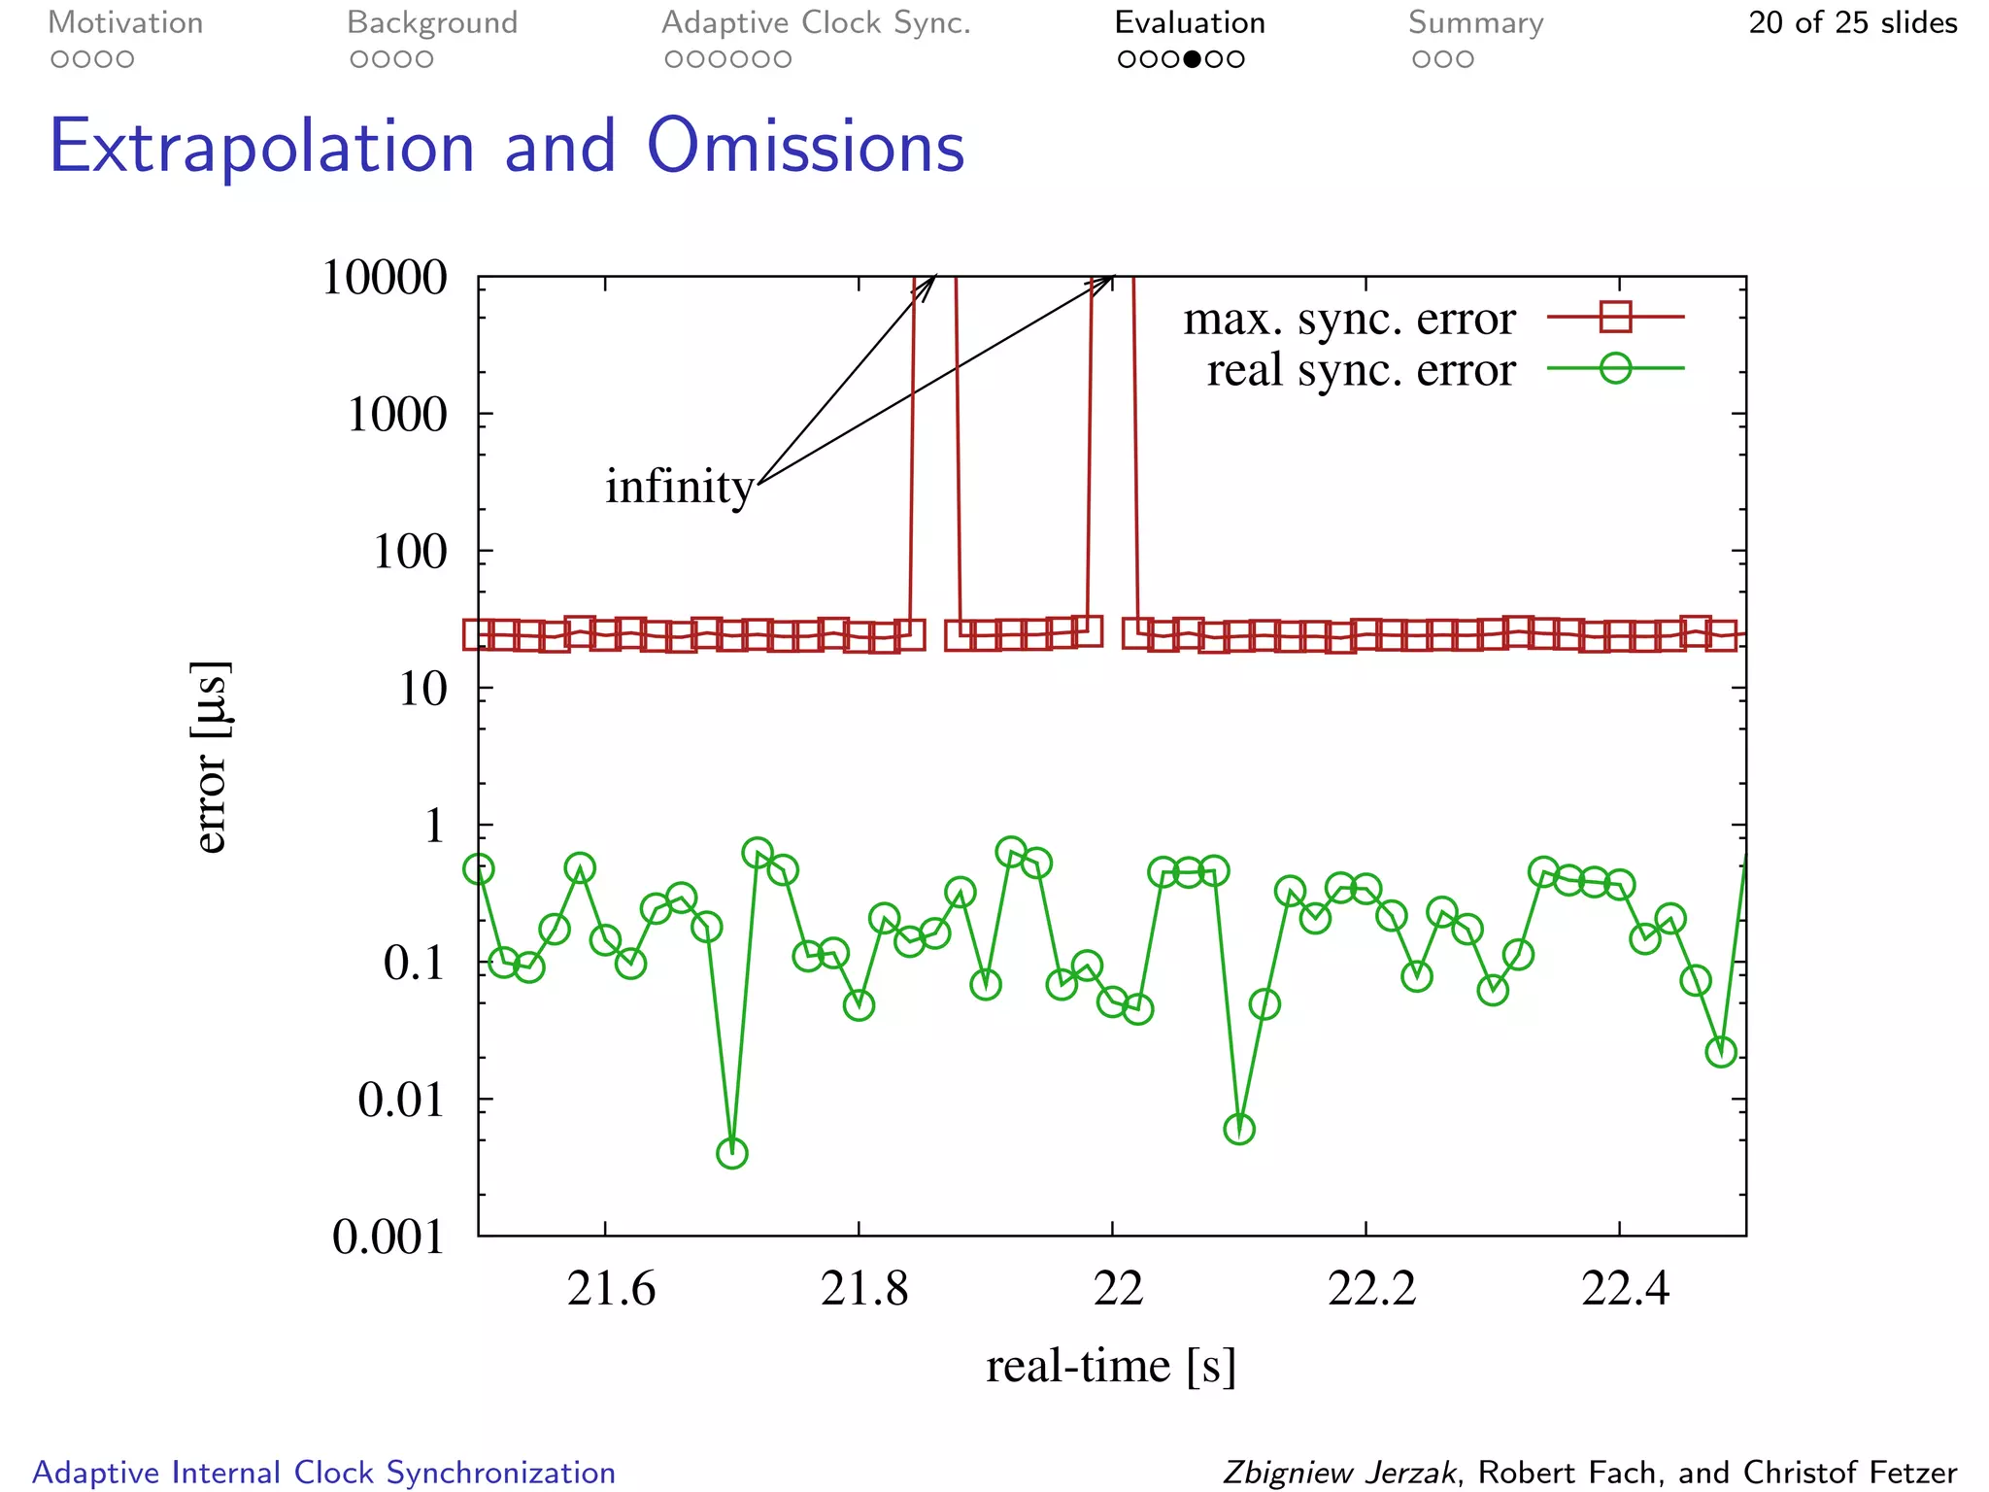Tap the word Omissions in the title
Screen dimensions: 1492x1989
tap(805, 148)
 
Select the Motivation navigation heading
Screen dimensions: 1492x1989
tap(125, 22)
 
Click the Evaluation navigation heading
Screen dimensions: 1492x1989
tap(1190, 22)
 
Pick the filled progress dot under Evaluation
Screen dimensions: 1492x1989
tap(1192, 59)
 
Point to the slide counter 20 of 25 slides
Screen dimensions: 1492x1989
tap(1852, 22)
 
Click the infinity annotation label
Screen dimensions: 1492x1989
tap(679, 486)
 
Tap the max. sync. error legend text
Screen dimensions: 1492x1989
tap(1348, 319)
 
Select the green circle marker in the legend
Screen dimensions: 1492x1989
tap(1615, 368)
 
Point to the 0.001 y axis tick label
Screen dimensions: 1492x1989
tap(388, 1237)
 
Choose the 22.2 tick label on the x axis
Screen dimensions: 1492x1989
tap(1371, 1289)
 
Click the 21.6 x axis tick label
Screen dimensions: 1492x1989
tap(611, 1289)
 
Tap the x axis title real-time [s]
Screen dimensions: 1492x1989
tap(1110, 1366)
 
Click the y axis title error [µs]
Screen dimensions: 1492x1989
tap(211, 757)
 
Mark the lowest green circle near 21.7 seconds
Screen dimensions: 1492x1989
tap(732, 1153)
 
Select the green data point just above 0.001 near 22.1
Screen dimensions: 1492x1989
tap(1239, 1129)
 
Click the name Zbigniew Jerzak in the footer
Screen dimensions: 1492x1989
tap(1339, 1472)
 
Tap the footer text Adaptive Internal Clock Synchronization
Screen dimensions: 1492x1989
tap(324, 1472)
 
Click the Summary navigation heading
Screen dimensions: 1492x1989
tap(1475, 22)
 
